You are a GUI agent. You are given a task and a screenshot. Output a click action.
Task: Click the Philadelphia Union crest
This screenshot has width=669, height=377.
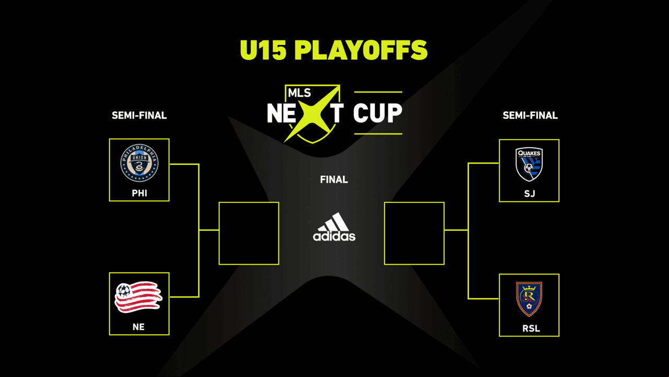click(139, 163)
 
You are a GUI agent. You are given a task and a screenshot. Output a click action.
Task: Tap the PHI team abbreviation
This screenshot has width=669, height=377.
click(139, 193)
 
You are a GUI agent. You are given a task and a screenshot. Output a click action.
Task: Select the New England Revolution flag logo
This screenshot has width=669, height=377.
click(138, 297)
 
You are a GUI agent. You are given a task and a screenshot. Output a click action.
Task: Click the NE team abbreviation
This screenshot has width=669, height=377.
click(138, 327)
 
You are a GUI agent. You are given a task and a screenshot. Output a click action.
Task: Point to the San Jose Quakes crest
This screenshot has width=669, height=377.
click(529, 164)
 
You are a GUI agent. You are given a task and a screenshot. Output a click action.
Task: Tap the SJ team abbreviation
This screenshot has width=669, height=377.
click(530, 193)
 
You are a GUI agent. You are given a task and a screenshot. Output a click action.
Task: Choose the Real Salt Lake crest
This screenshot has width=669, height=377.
click(529, 299)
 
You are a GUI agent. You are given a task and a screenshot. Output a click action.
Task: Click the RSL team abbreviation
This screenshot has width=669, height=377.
click(531, 328)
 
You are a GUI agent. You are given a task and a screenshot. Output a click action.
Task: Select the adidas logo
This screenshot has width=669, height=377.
click(334, 227)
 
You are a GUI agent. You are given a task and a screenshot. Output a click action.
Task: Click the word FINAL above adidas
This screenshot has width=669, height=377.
click(334, 179)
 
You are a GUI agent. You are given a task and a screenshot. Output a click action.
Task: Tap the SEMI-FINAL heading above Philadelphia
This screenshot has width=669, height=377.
click(139, 116)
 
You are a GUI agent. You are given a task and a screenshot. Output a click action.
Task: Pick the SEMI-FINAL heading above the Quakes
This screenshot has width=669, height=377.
click(530, 116)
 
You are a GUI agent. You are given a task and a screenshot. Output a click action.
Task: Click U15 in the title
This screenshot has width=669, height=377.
click(263, 50)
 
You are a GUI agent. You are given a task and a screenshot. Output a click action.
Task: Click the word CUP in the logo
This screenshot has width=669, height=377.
click(378, 113)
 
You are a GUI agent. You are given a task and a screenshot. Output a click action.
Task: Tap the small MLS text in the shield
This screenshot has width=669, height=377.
click(299, 93)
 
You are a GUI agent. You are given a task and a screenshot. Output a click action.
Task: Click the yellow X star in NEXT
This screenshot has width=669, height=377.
click(312, 113)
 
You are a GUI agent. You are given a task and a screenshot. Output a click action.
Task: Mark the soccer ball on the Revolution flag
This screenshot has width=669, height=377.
click(124, 290)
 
